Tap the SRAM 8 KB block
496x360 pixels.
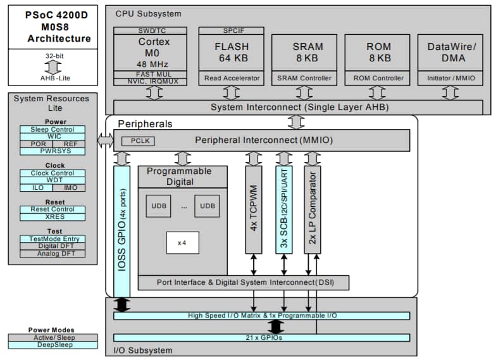pyautogui.click(x=304, y=53)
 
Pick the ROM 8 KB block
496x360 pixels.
pyautogui.click(x=378, y=53)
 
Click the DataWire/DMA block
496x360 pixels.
pyautogui.click(x=450, y=53)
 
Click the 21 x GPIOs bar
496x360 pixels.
pyautogui.click(x=261, y=338)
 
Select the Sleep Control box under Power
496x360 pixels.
pyautogui.click(x=53, y=130)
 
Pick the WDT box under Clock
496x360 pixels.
pyautogui.click(x=53, y=180)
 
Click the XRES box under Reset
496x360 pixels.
pyautogui.click(x=53, y=217)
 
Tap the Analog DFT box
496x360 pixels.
pyautogui.click(x=53, y=254)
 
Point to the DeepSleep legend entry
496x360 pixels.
pyautogui.click(x=53, y=345)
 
